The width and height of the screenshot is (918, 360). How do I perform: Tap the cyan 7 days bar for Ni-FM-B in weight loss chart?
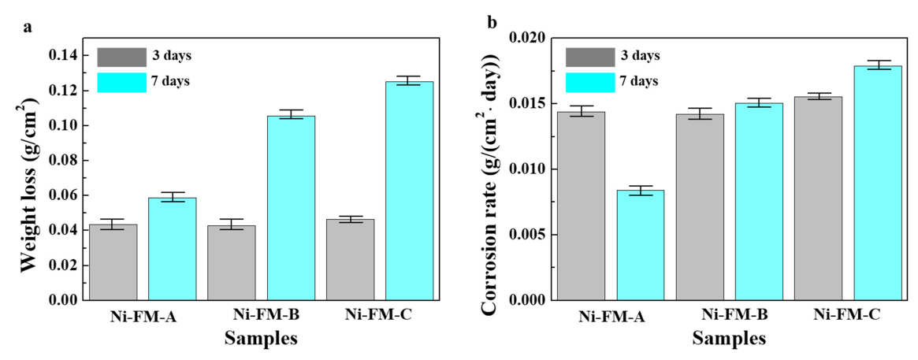pos(291,208)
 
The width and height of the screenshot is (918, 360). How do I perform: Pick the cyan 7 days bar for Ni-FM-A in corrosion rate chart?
pos(641,245)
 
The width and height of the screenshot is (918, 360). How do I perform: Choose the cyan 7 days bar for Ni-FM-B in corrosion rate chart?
pos(760,202)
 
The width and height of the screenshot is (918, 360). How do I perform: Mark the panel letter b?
pos(492,23)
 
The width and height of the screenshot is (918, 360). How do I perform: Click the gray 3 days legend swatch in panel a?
pos(121,57)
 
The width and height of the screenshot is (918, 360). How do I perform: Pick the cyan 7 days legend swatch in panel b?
pos(589,81)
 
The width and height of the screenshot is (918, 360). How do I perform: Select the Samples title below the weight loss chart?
pos(261,340)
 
